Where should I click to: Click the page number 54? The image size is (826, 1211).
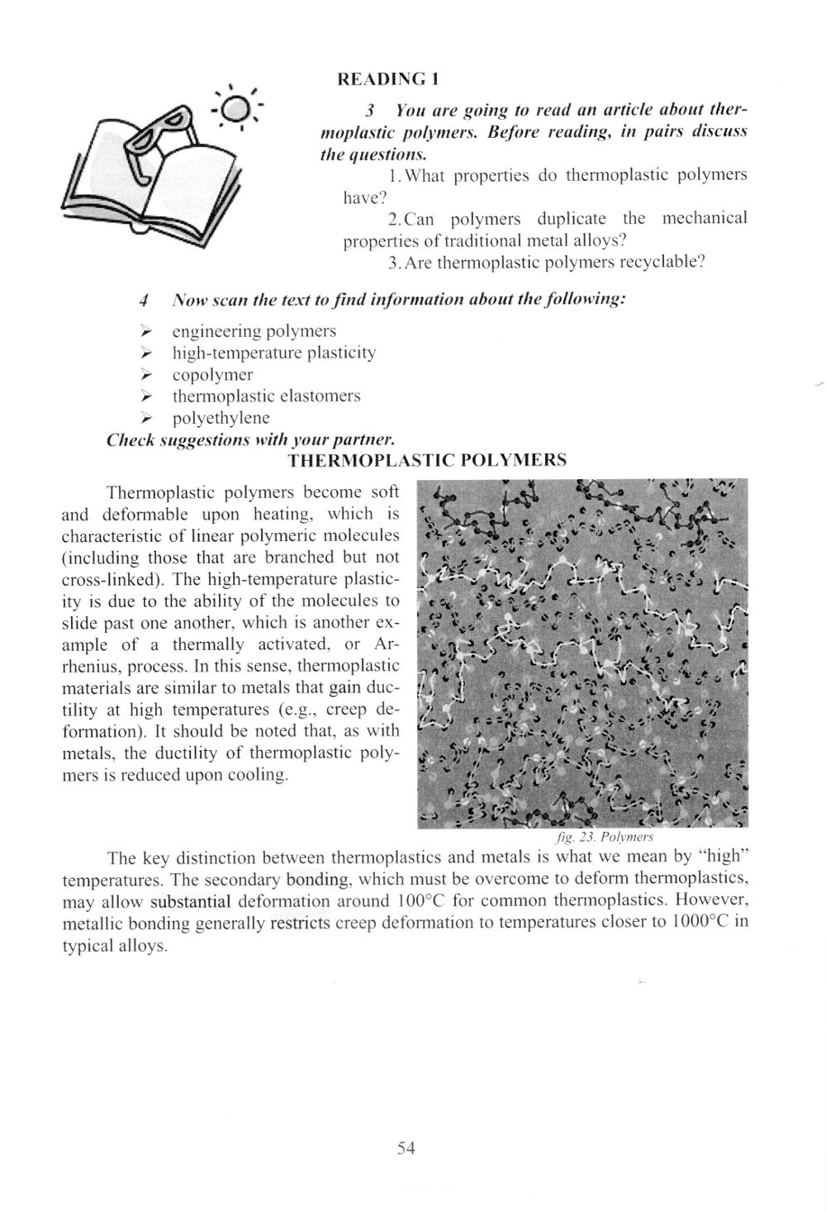405,1147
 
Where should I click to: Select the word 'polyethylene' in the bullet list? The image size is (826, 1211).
221,417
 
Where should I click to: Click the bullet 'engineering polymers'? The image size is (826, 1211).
254,331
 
